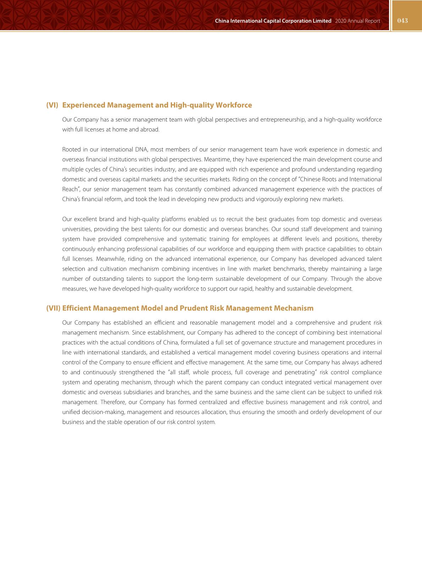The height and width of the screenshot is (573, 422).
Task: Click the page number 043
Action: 402,21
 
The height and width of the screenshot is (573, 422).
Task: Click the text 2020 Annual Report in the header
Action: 357,21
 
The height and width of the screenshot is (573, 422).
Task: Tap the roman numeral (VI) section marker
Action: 52,105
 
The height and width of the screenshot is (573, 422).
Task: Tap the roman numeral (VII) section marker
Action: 53,308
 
